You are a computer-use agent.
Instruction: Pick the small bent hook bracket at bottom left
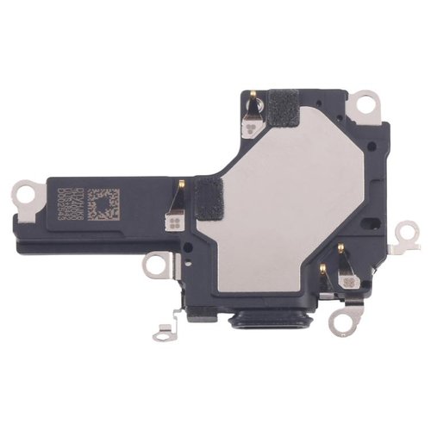(x=162, y=328)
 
